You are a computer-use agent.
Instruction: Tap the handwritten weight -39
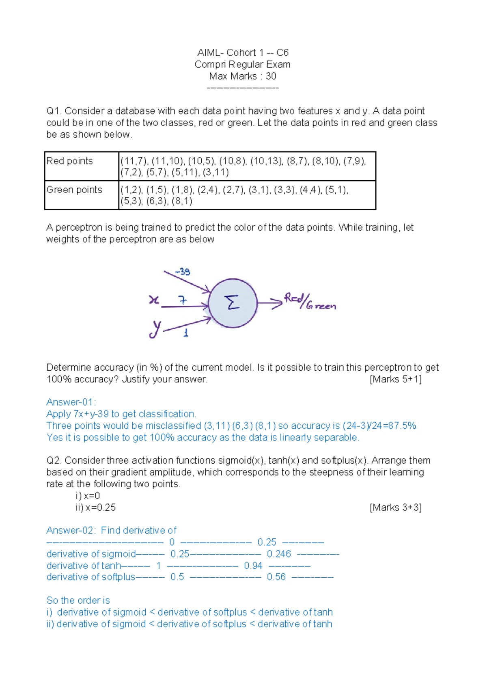coord(183,271)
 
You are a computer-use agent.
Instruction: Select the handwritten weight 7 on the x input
coord(183,300)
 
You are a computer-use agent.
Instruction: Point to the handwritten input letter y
coord(155,328)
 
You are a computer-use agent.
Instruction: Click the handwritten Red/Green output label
coord(310,301)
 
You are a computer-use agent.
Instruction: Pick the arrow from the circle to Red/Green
coord(269,302)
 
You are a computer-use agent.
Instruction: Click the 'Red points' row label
coord(70,161)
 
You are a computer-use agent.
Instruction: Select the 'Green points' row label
coord(74,190)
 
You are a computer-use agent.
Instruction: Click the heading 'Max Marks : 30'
coord(243,76)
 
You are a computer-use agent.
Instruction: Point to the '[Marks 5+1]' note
coord(396,379)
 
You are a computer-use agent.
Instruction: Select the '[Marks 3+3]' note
coord(396,508)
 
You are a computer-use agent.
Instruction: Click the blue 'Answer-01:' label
coord(71,402)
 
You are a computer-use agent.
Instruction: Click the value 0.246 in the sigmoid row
coord(279,554)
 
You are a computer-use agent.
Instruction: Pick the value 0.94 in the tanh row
coord(253,566)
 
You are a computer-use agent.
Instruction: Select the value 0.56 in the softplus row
coord(276,577)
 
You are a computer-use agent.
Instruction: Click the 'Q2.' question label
coord(54,461)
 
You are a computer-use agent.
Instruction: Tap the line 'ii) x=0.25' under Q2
coord(96,508)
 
